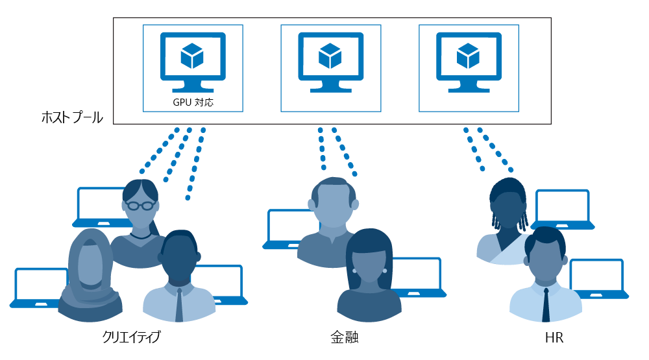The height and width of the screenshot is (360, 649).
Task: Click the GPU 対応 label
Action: pos(193,102)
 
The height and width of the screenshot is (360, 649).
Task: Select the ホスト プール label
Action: pos(71,117)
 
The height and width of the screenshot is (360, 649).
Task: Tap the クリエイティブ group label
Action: pos(131,337)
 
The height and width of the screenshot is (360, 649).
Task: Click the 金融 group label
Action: pos(344,337)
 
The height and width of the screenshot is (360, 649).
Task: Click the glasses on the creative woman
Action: pos(141,205)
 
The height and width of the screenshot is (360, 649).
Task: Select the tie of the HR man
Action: pos(546,304)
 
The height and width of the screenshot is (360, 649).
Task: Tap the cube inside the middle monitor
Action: pos(330,56)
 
